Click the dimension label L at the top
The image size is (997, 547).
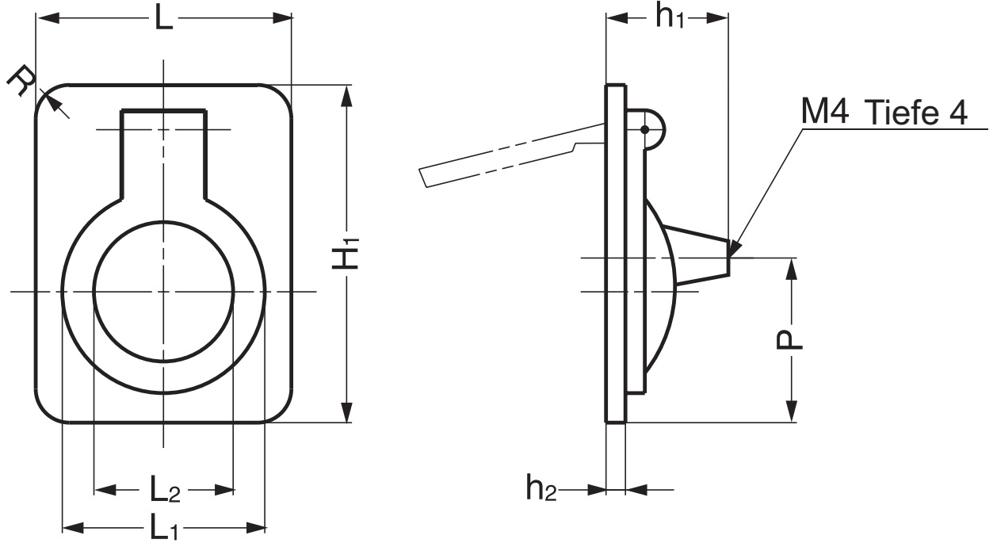(163, 17)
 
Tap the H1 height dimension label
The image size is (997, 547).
(346, 257)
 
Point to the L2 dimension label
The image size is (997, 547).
(165, 491)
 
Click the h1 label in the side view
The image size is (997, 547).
(669, 18)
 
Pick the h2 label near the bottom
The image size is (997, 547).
(541, 490)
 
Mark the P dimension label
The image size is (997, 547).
(789, 340)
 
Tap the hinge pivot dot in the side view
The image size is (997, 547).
(646, 129)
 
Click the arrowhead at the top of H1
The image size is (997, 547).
(346, 95)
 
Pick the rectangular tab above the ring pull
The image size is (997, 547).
(163, 151)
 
